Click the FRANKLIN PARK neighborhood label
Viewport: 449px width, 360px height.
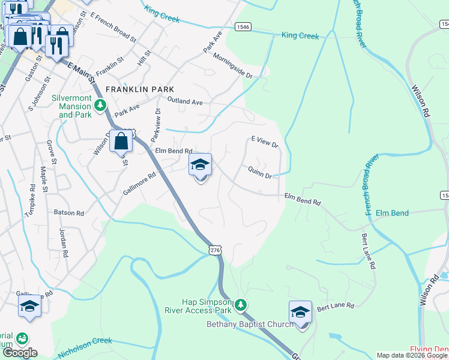[140, 89]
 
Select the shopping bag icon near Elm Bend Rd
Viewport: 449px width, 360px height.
[121, 142]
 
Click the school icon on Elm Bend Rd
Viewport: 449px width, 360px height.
[200, 165]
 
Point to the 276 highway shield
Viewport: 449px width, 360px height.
[216, 249]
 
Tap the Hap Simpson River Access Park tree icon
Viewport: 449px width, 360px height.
[241, 305]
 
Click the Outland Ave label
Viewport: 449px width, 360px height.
[185, 101]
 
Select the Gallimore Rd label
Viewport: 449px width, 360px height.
[139, 183]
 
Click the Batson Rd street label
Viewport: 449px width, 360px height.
[68, 213]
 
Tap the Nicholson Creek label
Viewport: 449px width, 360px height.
[85, 349]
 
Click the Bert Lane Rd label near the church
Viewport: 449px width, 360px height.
[333, 306]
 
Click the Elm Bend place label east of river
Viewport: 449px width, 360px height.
[392, 213]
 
